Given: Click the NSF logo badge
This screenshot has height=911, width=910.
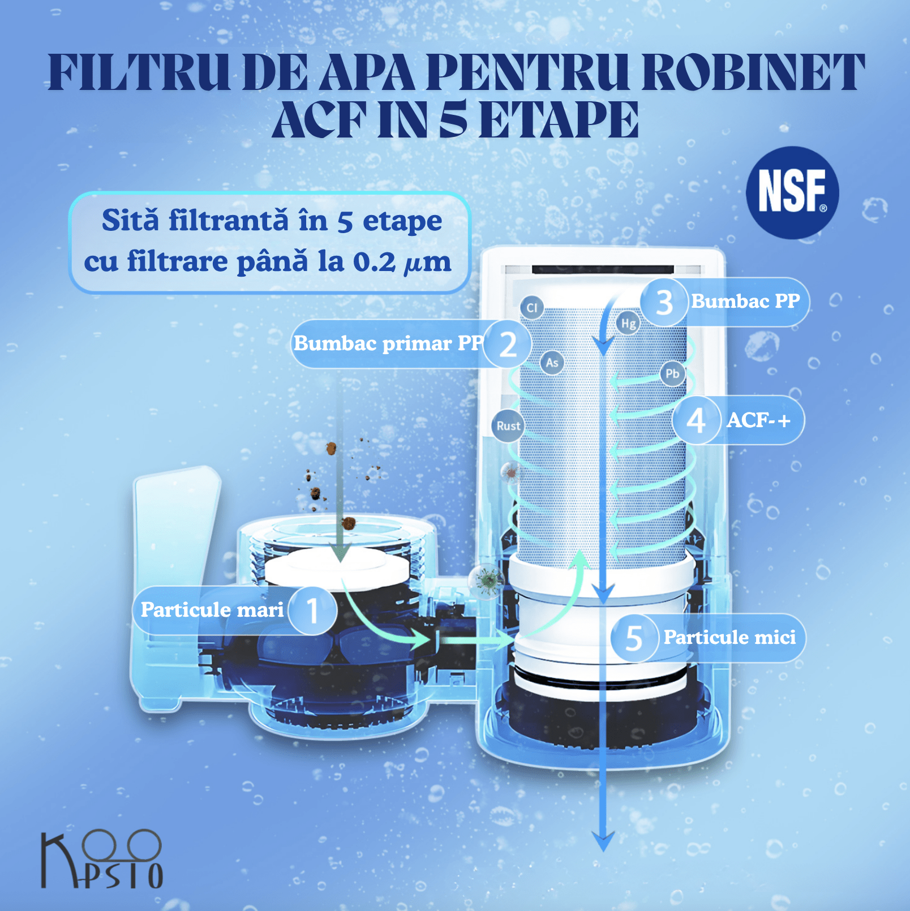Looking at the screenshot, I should coord(792,192).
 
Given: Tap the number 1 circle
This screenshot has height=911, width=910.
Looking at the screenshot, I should coord(312,610).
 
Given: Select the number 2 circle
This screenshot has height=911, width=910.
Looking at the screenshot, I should coord(508,344).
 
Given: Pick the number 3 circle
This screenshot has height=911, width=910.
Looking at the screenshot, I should coord(664,302).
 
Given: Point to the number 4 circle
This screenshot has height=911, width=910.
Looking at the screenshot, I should coord(696,420).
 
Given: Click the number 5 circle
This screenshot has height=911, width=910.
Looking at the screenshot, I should coord(634,638).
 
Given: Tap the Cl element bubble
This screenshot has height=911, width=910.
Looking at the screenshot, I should coord(532,308).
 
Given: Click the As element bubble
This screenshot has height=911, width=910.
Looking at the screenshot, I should coord(552,363).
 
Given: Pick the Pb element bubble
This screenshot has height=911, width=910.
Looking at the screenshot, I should coord(672,373).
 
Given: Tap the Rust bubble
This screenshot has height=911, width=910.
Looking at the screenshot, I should coord(508,426).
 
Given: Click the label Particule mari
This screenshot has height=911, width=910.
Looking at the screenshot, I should coord(212,609).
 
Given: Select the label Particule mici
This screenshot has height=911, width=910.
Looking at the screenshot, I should coord(729,638).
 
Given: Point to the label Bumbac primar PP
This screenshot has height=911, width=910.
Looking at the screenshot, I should coord(389,343).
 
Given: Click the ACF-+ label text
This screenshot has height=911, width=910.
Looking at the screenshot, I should coord(758,420).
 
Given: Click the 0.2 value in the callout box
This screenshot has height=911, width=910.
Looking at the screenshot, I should coord(374,262).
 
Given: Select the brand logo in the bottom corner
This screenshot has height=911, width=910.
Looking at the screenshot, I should coord(102,859).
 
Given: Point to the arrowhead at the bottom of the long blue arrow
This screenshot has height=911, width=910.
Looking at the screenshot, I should coord(603,841).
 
